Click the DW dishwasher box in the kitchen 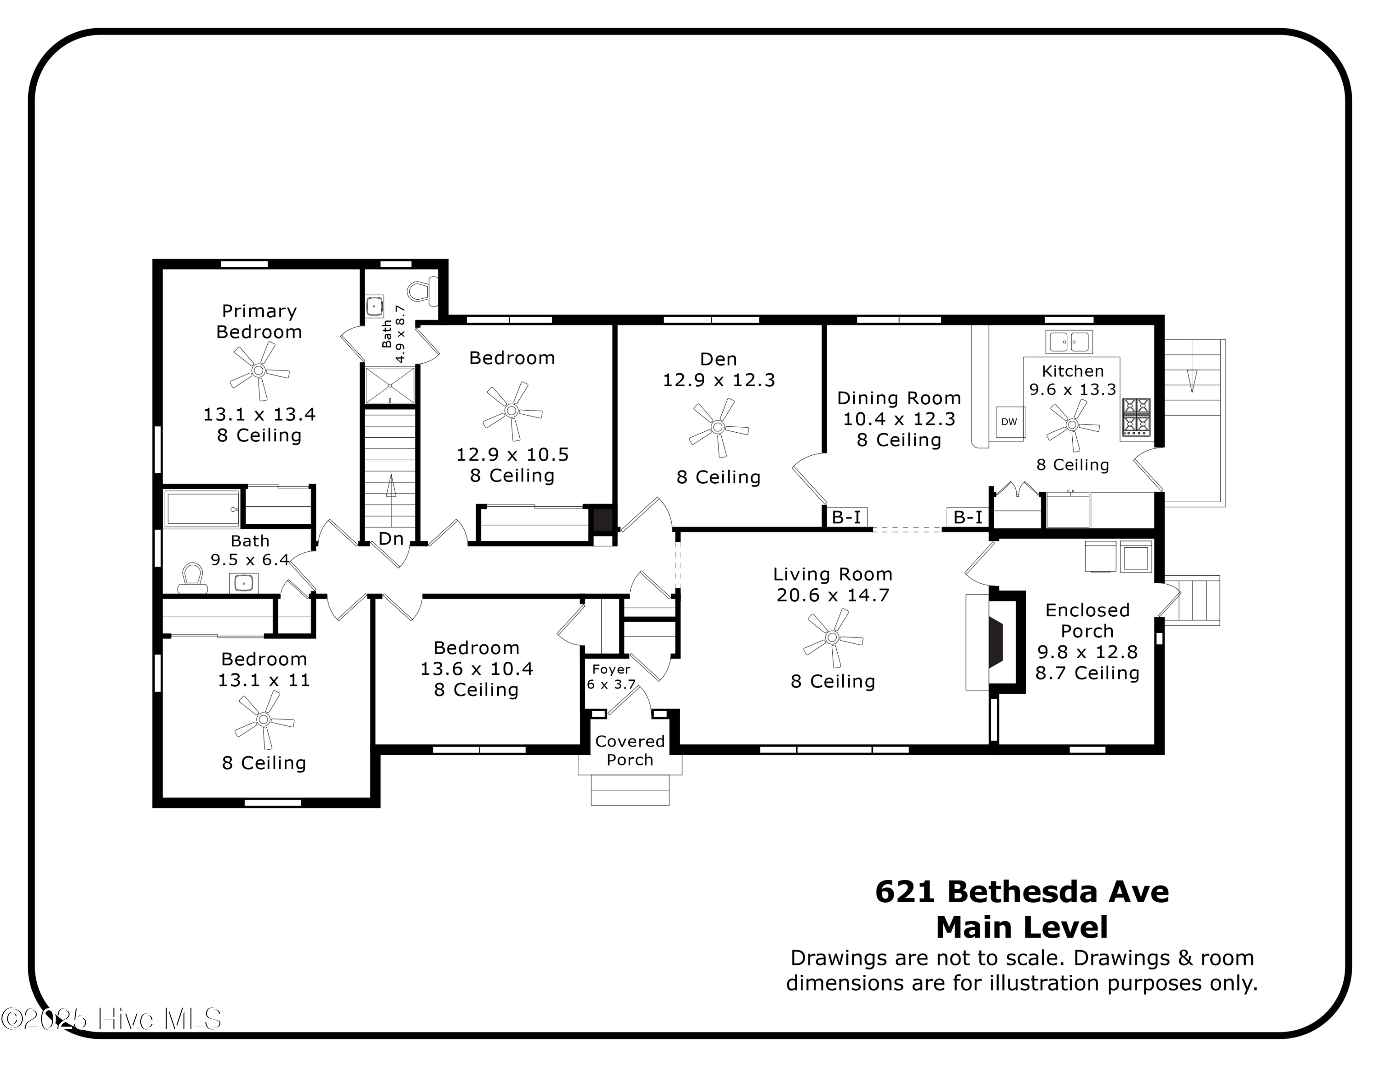(1009, 422)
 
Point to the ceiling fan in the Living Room (832, 638)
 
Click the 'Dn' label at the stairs (391, 539)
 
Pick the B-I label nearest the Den (846, 517)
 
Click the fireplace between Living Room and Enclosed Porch (995, 642)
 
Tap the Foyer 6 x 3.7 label (611, 676)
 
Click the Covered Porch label (630, 750)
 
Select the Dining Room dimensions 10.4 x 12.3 (898, 418)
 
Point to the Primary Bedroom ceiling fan (259, 371)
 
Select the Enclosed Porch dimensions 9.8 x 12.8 (1087, 652)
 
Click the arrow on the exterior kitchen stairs (1192, 380)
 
